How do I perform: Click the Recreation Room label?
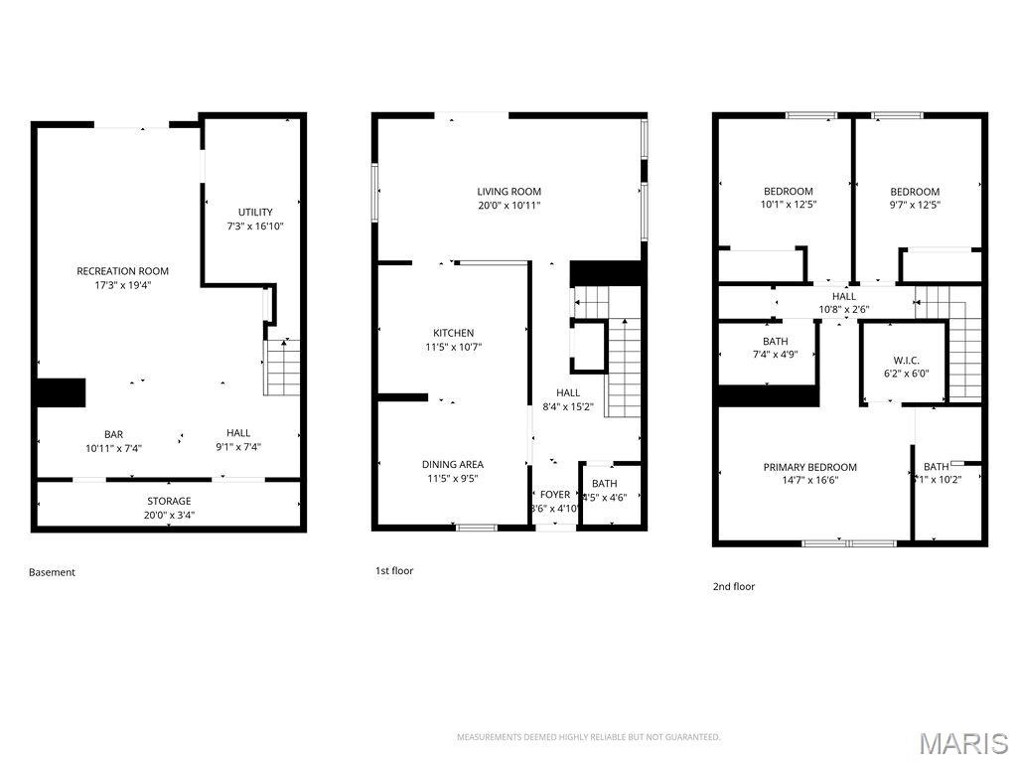[x=123, y=271]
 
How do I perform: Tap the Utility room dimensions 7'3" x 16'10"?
[x=255, y=226]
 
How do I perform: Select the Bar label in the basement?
[x=114, y=433]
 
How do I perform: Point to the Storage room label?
[x=169, y=501]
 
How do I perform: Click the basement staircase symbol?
[x=283, y=367]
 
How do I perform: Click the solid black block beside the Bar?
[x=61, y=392]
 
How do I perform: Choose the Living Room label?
[x=508, y=192]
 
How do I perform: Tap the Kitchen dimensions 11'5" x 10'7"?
[x=453, y=347]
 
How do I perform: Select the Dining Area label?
[x=453, y=464]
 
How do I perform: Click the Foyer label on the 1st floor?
[x=555, y=495]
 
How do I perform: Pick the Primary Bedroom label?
[x=809, y=467]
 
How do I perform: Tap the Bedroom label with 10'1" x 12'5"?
[x=788, y=192]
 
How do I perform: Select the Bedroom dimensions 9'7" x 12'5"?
[x=915, y=206]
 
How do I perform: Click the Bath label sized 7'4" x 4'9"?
[x=776, y=341]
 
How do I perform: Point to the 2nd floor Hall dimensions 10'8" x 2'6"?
[x=843, y=310]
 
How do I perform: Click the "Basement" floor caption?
[x=52, y=572]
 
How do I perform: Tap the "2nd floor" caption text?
[x=734, y=587]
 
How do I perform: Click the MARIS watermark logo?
[x=963, y=743]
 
